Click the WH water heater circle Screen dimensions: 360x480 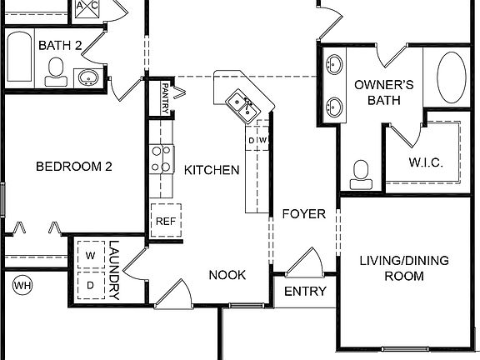(x=22, y=286)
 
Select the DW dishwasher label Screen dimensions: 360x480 (x=258, y=139)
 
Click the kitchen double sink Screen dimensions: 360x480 (x=243, y=104)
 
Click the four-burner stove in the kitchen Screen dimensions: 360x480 (x=161, y=158)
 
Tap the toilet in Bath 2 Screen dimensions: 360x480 (x=57, y=72)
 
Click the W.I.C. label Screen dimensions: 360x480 (x=425, y=162)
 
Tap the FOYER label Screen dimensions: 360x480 (x=302, y=214)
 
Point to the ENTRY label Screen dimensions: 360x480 (x=305, y=292)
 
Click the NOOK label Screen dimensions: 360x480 (x=227, y=275)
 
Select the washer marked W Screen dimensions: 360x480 (x=91, y=253)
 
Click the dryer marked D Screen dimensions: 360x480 (x=91, y=284)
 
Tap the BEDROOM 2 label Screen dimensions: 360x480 (x=73, y=167)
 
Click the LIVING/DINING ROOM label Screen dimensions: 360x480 (x=403, y=268)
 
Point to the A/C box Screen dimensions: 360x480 (x=87, y=7)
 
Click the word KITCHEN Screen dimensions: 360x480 (x=212, y=170)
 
